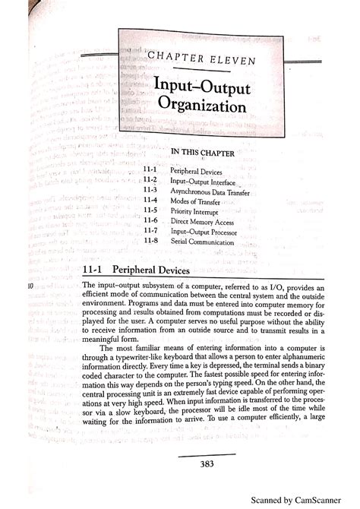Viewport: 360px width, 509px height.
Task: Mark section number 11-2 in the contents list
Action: point(148,183)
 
